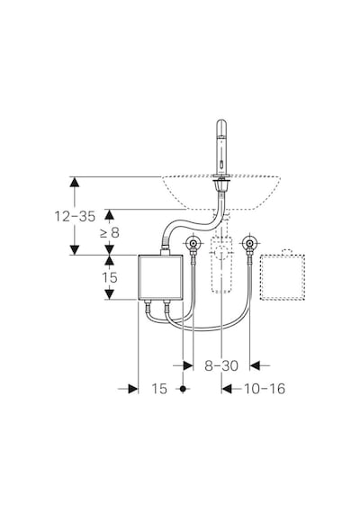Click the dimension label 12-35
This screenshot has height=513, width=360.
(75, 216)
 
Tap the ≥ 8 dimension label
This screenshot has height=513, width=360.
(110, 233)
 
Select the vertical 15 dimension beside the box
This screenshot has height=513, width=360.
(109, 277)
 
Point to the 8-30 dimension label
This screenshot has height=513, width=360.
(221, 365)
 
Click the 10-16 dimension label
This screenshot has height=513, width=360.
(265, 389)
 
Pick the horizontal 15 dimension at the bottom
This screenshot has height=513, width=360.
(159, 389)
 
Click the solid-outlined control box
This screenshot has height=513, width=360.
(160, 277)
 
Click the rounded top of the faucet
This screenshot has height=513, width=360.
(221, 123)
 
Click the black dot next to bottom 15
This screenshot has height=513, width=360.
(183, 389)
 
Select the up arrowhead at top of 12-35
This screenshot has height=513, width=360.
(75, 182)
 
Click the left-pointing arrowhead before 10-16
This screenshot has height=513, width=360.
(227, 389)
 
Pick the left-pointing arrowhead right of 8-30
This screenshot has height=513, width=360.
(255, 365)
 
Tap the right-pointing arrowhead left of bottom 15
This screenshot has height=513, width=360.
(133, 389)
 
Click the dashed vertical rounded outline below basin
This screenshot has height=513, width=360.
(221, 265)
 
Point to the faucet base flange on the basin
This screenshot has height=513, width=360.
(221, 178)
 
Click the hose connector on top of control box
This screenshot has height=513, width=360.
(165, 247)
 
